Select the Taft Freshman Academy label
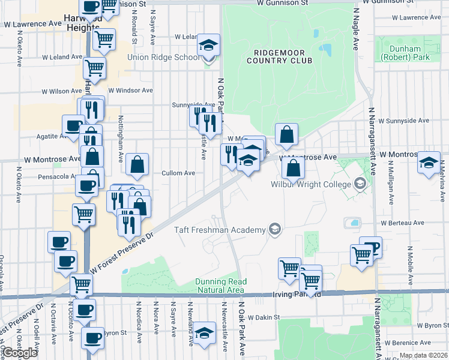click(x=219, y=230)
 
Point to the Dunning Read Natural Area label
click(x=220, y=286)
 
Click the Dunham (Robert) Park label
click(x=405, y=53)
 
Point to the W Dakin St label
click(x=264, y=317)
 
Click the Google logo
click(x=20, y=352)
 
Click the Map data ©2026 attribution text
click(x=423, y=355)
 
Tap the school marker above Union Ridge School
click(x=208, y=46)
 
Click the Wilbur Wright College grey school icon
click(x=360, y=183)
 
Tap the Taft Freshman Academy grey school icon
click(x=274, y=228)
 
